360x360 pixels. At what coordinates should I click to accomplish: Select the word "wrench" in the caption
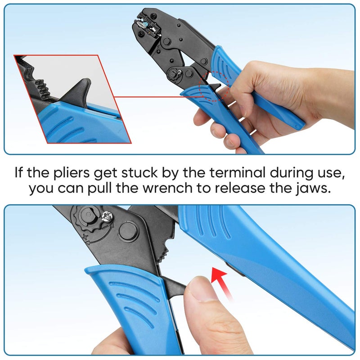172,189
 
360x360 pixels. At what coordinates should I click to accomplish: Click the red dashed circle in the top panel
218,86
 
